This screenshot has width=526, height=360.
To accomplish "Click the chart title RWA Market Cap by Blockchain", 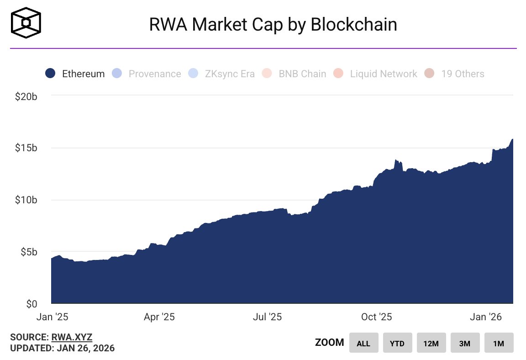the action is click(x=273, y=25).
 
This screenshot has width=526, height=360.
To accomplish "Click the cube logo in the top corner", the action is click(x=26, y=23).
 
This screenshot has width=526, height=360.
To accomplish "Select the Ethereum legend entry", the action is click(x=75, y=74).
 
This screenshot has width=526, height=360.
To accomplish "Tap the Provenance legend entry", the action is click(x=147, y=74).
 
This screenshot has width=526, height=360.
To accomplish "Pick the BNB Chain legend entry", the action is click(x=295, y=74).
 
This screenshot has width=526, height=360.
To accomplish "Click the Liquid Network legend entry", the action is click(x=375, y=74).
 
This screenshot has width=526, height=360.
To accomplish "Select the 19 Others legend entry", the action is click(x=455, y=74).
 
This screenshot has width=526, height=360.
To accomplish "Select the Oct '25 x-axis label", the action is click(x=376, y=317).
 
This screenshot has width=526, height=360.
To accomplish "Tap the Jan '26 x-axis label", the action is click(x=485, y=317).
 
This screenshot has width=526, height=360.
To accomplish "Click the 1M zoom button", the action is click(x=499, y=343).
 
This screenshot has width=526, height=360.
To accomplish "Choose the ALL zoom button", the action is click(x=363, y=343).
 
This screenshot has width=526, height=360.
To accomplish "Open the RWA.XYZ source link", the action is click(x=72, y=338).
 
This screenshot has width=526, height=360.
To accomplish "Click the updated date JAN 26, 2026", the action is click(x=85, y=348).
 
